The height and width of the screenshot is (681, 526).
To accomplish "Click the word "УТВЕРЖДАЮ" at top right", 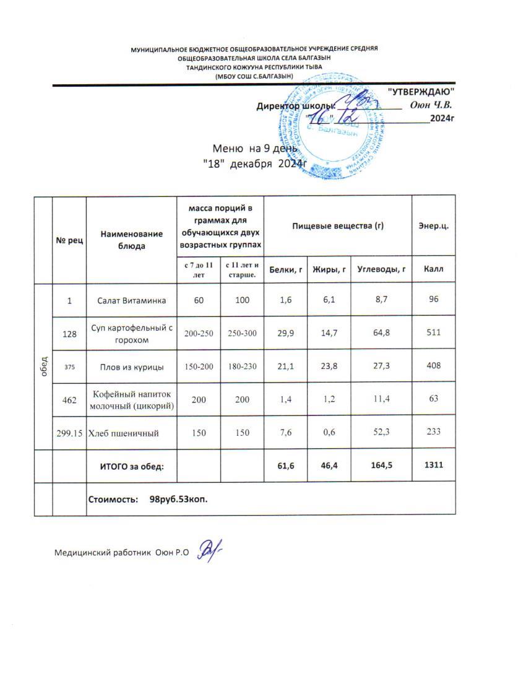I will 421,92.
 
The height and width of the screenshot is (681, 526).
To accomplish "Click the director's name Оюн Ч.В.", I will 432,105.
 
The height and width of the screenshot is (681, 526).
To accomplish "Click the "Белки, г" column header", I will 285,269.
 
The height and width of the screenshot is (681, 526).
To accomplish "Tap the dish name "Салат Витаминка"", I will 131,300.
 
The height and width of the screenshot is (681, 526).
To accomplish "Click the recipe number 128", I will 69,333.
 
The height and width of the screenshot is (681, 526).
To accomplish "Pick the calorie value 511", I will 433,333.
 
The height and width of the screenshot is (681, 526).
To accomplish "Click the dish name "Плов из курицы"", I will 131,367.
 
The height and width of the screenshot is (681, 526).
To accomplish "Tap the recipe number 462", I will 69,400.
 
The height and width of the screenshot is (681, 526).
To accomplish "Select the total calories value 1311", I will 433,466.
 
